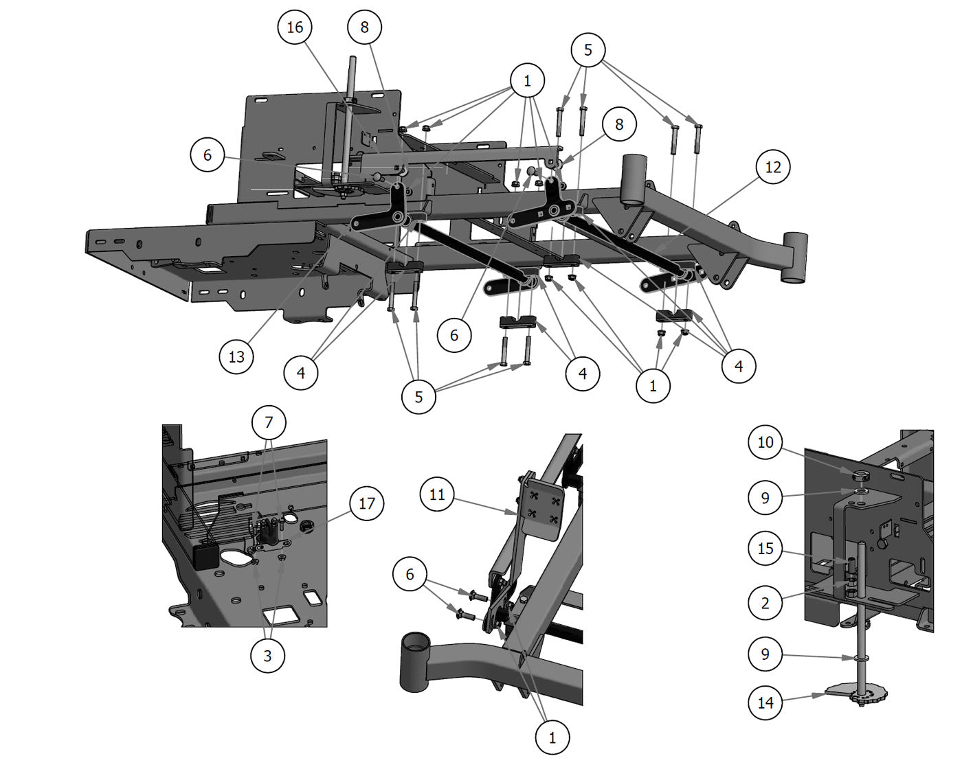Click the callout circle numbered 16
[x=294, y=27]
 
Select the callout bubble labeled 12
[x=772, y=167]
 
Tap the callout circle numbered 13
[x=236, y=357]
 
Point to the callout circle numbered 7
[x=269, y=422]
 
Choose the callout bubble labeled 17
[x=366, y=503]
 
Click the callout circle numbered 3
[x=267, y=656]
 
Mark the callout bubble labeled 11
[x=437, y=494]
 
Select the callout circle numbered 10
[x=765, y=442]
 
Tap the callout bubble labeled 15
[x=765, y=549]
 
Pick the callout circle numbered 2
[x=765, y=604]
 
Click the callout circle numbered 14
[x=765, y=702]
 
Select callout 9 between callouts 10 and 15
[x=765, y=497]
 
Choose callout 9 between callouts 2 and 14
[x=765, y=654]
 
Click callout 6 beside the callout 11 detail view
[x=410, y=574]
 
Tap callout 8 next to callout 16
[x=364, y=27]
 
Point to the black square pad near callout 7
[x=205, y=557]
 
